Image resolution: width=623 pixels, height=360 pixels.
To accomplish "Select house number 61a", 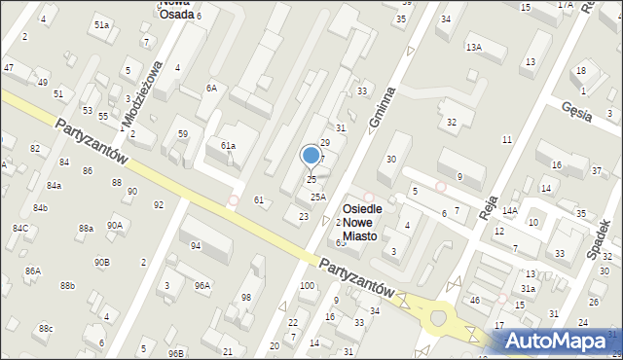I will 228,146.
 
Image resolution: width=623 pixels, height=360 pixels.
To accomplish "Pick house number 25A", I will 317,197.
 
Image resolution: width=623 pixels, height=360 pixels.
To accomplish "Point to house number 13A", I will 474,47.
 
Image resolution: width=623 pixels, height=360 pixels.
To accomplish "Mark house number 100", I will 307,285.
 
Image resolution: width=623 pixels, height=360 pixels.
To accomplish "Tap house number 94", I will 196,246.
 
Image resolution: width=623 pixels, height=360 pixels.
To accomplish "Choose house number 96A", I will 202,285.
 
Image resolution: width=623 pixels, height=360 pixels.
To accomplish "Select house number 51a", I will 101,24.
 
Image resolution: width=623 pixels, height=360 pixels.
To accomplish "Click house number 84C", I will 19,228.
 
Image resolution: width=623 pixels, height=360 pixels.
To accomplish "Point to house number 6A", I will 210,88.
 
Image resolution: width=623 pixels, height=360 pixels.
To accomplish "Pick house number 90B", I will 101,262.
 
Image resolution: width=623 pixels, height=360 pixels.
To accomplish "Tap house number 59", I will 182,133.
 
